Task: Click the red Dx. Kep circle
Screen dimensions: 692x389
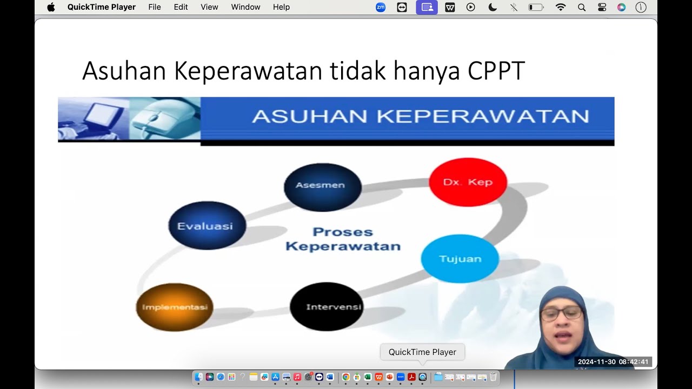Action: (468, 182)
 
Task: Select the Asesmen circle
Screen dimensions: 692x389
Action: (323, 187)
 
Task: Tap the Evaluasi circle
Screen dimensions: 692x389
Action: (207, 225)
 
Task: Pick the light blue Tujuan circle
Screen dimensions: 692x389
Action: (460, 258)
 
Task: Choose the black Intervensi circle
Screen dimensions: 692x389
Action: (327, 306)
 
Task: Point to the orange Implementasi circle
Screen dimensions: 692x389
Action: (175, 307)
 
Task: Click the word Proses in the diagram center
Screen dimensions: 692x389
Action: (343, 232)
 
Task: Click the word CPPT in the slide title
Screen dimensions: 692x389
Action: (496, 71)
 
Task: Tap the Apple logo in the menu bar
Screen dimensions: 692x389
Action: (51, 7)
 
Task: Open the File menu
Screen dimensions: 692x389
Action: (155, 7)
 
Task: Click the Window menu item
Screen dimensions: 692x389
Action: (245, 7)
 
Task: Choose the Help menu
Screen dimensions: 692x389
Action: (281, 7)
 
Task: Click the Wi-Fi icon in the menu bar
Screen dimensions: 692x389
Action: (561, 7)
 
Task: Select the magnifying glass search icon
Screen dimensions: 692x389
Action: (581, 7)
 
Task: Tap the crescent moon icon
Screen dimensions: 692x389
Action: (493, 7)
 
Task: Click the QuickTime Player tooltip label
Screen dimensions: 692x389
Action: (422, 352)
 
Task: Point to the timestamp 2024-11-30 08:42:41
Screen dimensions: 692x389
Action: (613, 361)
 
